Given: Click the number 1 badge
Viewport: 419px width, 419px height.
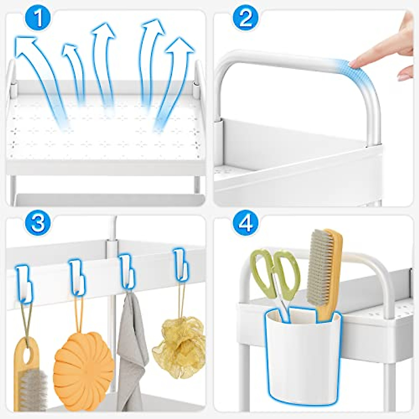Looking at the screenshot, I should coord(38,19).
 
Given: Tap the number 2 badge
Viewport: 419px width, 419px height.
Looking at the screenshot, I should coord(246,19).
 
